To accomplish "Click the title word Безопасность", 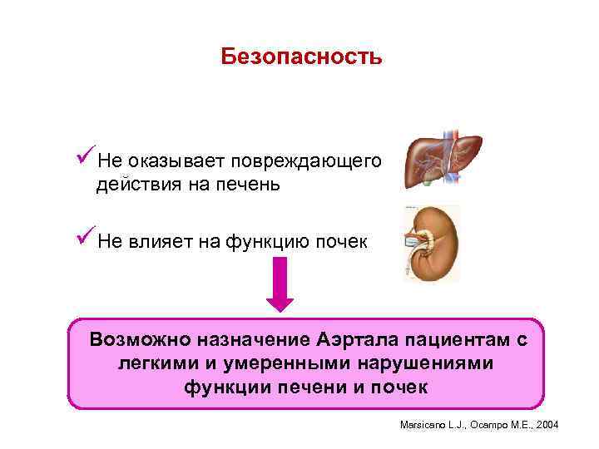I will pyautogui.click(x=301, y=57).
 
